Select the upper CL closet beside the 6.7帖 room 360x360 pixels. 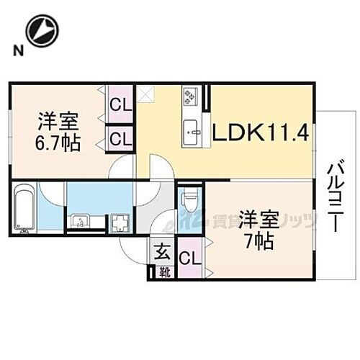120,105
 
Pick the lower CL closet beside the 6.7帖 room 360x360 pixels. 120,137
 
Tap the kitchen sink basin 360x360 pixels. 192,130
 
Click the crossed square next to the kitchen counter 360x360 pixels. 146,92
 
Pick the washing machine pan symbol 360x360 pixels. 117,220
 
